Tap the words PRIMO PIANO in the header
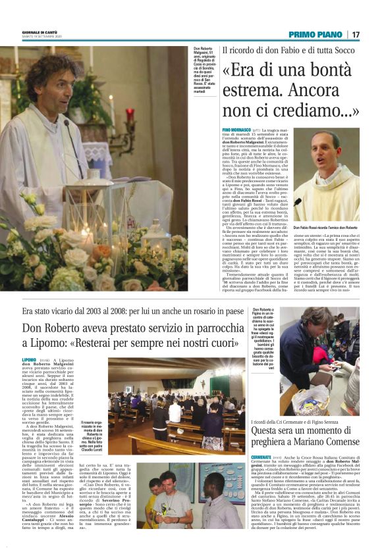[x=315, y=34]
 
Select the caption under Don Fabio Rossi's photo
[x=326, y=227]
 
